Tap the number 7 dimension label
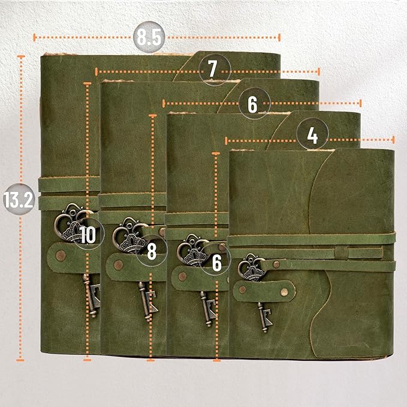[x=213, y=70]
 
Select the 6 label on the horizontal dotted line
[x=252, y=104]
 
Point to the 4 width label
[x=312, y=136]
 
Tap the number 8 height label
[x=152, y=252]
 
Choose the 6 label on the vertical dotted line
[x=216, y=262]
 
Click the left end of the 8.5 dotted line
[x=35, y=37]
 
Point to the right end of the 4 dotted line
[x=393, y=140]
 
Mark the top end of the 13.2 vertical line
[x=22, y=57]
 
